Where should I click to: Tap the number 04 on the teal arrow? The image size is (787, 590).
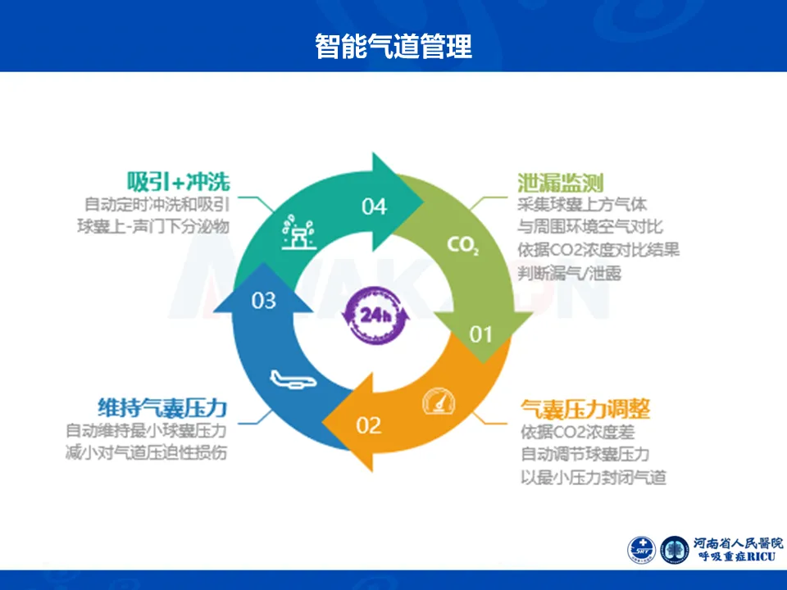[374, 206]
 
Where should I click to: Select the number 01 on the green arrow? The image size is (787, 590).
[480, 334]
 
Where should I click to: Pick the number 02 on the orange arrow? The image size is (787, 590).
[369, 425]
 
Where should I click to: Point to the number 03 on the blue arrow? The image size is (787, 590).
[263, 301]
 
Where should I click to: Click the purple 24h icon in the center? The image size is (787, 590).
[374, 313]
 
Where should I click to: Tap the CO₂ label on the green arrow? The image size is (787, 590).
[462, 245]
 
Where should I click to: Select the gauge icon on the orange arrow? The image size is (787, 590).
[436, 402]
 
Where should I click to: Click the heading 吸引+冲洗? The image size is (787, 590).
[178, 181]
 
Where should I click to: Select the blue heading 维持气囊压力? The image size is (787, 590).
[161, 407]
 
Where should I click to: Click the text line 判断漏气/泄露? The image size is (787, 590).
[569, 273]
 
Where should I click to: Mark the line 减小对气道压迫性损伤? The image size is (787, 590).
[146, 452]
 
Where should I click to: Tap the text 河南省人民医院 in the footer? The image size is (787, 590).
[738, 542]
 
